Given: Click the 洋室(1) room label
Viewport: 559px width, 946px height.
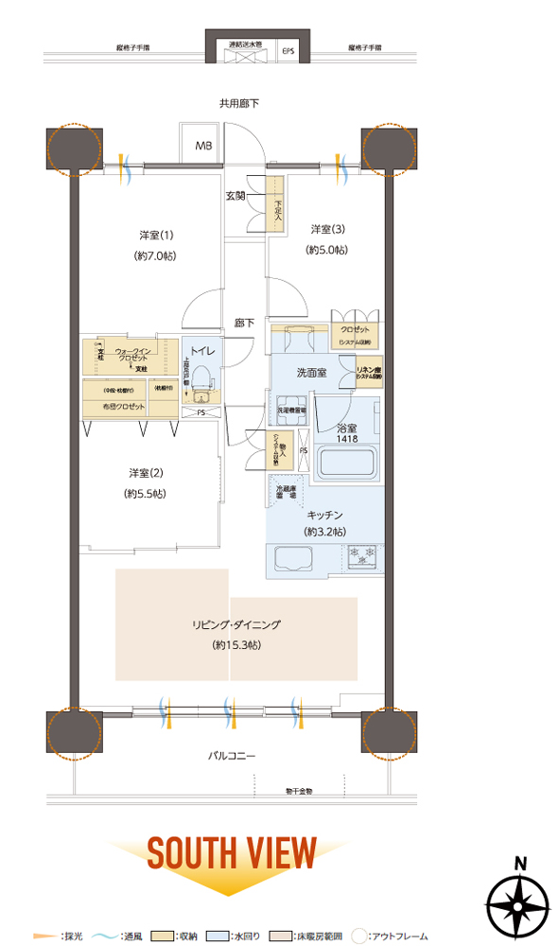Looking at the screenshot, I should tap(149, 236).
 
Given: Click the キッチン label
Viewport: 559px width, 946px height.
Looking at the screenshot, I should tap(324, 515).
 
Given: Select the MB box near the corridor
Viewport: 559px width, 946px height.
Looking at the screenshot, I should tap(204, 146).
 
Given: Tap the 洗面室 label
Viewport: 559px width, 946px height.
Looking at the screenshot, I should tap(310, 373).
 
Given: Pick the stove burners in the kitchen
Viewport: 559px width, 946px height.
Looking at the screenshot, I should tap(364, 557).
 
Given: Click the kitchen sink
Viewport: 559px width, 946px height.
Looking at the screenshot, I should tap(292, 558).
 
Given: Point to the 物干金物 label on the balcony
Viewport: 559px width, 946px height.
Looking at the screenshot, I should tap(304, 790).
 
